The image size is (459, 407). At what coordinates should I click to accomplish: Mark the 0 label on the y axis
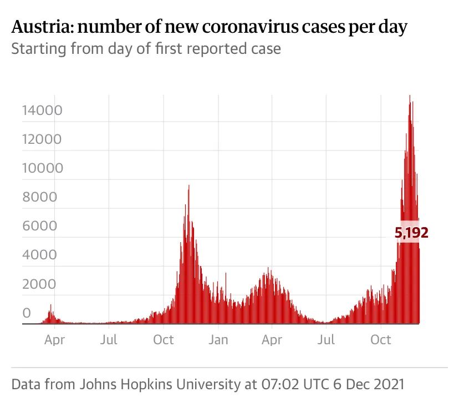coord(27,313)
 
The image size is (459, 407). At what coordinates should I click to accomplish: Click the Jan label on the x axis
coord(218,339)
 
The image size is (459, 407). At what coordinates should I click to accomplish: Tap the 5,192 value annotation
coord(412,233)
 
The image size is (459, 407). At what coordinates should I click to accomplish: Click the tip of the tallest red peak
coord(410,96)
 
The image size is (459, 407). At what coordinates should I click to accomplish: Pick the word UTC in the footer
coord(307,384)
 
